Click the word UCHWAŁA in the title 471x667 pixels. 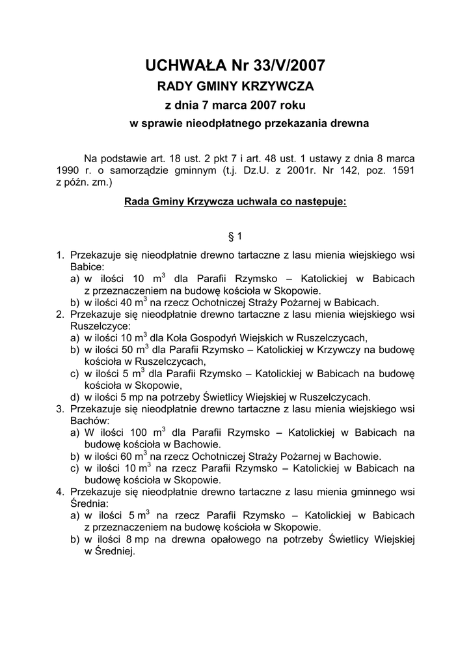pyautogui.click(x=183, y=65)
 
